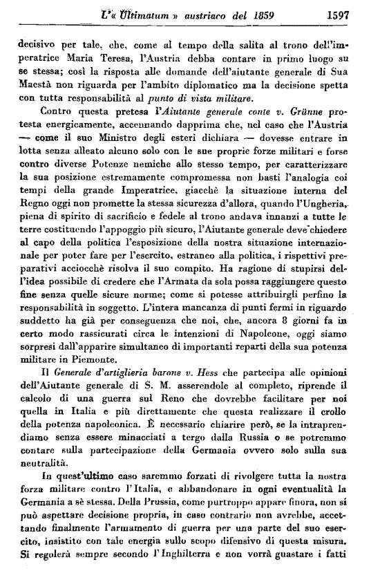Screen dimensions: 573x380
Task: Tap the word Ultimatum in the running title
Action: (x=129, y=12)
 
